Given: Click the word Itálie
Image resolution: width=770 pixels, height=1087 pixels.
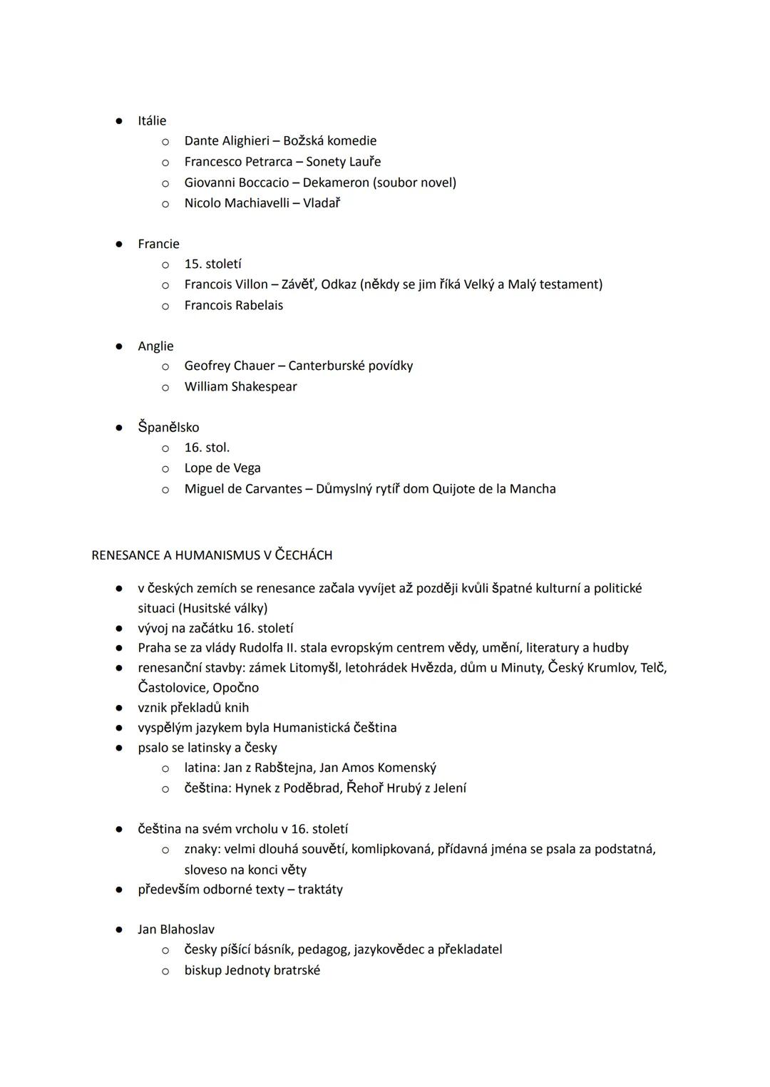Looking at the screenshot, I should (152, 121).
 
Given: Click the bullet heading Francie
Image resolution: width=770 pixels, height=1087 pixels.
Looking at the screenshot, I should (158, 244).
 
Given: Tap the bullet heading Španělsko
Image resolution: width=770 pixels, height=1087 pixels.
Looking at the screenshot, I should (168, 428).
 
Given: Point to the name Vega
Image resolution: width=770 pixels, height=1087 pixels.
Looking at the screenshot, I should (247, 468).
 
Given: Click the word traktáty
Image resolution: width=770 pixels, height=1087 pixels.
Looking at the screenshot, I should (320, 890).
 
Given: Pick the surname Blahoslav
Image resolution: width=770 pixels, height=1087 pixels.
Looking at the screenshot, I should (187, 929).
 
